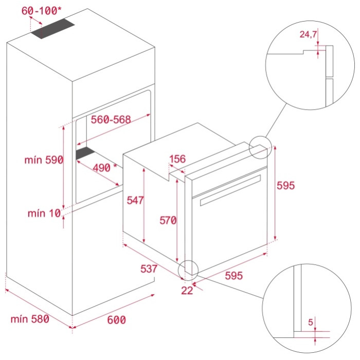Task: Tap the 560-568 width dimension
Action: (111, 119)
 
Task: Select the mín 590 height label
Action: (43, 160)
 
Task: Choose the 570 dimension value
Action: (168, 221)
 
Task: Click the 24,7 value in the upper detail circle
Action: (308, 35)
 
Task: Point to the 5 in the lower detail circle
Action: (311, 322)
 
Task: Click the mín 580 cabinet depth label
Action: (30, 319)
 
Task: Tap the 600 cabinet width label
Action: (117, 320)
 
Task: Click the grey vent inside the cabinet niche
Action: (86, 153)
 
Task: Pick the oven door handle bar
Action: (229, 190)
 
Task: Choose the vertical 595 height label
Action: (286, 185)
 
